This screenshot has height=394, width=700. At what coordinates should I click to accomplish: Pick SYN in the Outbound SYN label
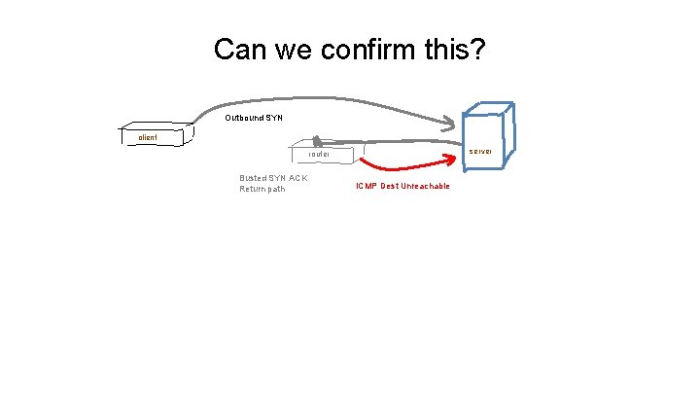coord(273,118)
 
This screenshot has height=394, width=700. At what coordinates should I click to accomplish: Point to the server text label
coord(481,152)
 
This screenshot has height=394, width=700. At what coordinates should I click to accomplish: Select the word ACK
coord(299,178)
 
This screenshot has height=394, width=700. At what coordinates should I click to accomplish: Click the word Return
coord(253,189)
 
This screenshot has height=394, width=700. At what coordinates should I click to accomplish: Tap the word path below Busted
coord(276,189)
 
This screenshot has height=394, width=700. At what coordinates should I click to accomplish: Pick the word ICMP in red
coord(366,186)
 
